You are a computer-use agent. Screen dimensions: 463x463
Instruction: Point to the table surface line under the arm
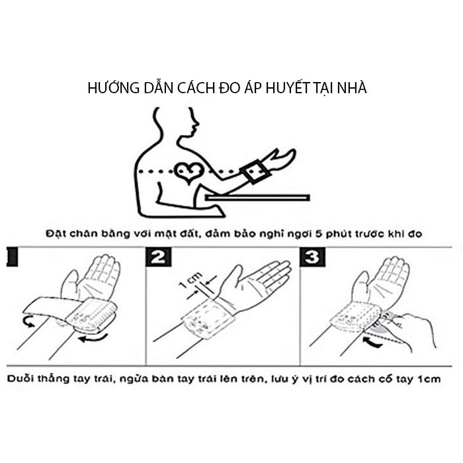(x=258, y=196)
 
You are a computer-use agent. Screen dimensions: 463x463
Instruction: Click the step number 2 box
(x=158, y=257)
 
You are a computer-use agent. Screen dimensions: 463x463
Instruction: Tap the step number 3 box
(x=311, y=257)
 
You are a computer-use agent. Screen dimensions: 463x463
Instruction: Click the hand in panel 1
(x=93, y=278)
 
